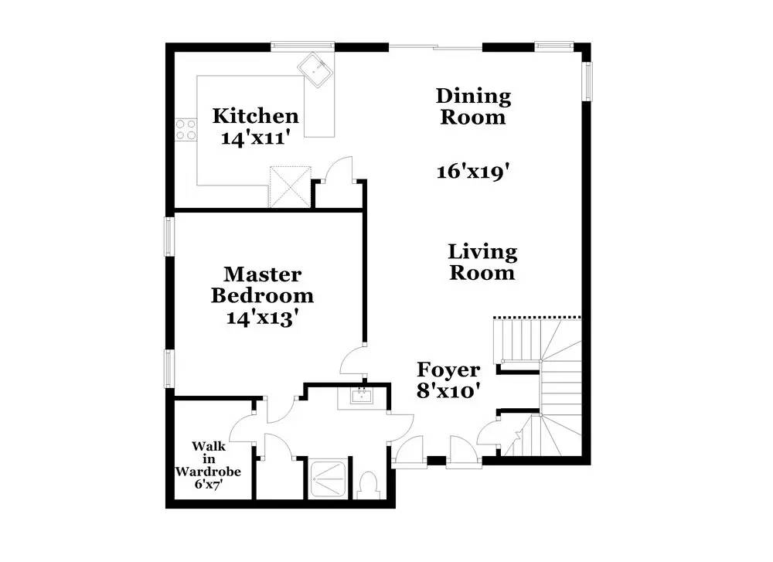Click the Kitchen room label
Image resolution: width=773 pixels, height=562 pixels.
[255, 117]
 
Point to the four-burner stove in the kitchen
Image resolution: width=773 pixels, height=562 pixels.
[186, 129]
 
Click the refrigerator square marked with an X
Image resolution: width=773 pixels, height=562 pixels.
[290, 186]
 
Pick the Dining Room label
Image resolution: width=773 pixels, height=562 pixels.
[473, 107]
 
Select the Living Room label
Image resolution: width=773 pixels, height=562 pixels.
[482, 262]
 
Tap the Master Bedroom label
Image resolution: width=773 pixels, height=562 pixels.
[262, 284]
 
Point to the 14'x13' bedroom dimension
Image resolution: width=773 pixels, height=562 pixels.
[262, 317]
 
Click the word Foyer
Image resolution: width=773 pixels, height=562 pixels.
[448, 370]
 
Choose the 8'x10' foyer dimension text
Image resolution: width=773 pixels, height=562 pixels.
[450, 391]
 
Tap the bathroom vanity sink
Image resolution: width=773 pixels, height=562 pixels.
[360, 397]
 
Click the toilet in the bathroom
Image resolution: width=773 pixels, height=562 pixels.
[369, 485]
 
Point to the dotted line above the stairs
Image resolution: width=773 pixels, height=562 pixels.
[536, 316]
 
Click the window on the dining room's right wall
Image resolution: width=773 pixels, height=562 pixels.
[587, 80]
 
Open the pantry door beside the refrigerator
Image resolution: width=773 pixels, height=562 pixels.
[339, 170]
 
